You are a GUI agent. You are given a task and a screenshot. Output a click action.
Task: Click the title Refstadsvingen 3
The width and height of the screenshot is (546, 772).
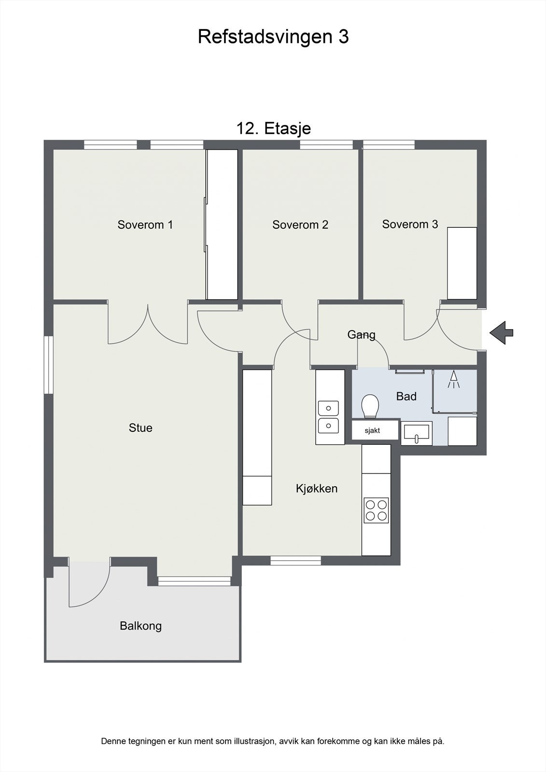tap(273, 37)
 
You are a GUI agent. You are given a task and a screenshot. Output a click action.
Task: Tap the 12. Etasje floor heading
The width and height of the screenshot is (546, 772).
tap(273, 128)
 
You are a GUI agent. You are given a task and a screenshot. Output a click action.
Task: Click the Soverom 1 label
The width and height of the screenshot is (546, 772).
tap(145, 224)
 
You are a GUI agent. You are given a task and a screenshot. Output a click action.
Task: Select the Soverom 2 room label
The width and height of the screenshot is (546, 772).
tap(300, 224)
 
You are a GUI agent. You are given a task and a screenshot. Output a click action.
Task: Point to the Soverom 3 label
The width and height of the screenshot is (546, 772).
tap(410, 224)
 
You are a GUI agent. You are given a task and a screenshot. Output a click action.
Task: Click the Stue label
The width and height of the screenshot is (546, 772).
tap(140, 427)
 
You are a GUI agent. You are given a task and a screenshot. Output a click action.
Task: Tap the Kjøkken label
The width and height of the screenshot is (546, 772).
tap(316, 488)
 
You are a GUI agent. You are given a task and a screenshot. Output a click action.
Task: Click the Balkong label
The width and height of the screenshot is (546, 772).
tap(140, 626)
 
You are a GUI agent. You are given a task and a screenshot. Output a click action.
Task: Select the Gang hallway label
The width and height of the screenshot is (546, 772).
tap(361, 334)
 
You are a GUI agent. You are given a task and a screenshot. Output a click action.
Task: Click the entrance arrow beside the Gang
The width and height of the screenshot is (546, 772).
tap(502, 332)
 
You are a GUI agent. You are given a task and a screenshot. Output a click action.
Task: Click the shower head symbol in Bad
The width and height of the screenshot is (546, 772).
tap(453, 379)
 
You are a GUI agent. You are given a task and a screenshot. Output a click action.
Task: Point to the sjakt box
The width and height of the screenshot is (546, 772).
tap(372, 430)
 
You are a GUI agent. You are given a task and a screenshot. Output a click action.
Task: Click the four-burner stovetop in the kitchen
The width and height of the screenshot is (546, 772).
tap(377, 510)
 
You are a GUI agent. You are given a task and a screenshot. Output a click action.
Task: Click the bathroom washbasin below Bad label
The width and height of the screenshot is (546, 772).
tap(417, 432)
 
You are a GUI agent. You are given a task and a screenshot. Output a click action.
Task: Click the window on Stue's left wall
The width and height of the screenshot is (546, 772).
tap(48, 365)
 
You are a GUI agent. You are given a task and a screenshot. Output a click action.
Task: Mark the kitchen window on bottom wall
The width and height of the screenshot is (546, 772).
tap(295, 560)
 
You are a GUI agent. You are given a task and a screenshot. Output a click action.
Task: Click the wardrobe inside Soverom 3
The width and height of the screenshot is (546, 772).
tap(462, 263)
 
